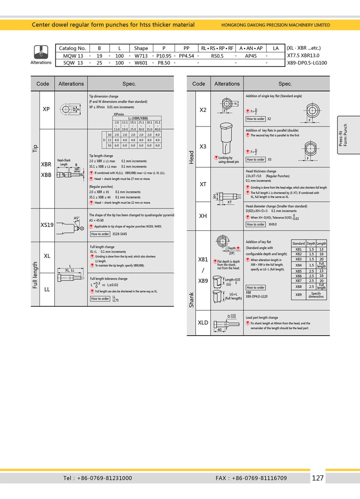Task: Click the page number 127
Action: (318, 478)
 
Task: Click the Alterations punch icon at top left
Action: (41, 52)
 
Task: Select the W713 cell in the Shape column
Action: (141, 56)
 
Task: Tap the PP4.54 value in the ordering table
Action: (186, 56)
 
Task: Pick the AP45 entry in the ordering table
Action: (251, 56)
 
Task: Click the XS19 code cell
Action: (47, 225)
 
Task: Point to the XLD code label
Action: (203, 322)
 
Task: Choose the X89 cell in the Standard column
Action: (298, 294)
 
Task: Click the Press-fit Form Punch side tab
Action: (343, 135)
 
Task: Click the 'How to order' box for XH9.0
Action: (256, 224)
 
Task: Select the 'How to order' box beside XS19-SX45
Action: (100, 234)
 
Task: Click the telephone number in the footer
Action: (104, 478)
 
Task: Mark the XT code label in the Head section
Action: (203, 184)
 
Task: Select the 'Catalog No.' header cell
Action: (72, 48)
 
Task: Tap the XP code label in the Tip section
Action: (46, 109)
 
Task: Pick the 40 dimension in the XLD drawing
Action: (219, 330)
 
